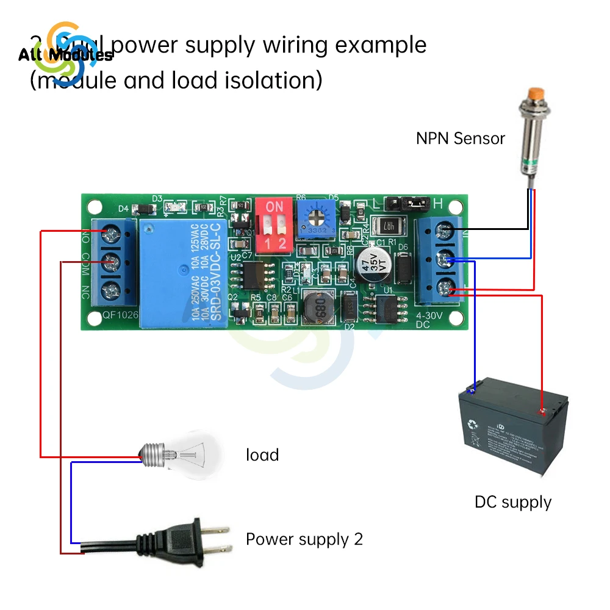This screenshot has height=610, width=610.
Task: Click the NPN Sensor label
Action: click(461, 138)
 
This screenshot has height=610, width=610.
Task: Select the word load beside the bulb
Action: click(262, 455)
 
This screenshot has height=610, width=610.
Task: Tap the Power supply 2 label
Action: click(304, 539)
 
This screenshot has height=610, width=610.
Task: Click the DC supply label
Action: click(512, 503)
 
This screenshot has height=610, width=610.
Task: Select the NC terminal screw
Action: click(111, 289)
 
